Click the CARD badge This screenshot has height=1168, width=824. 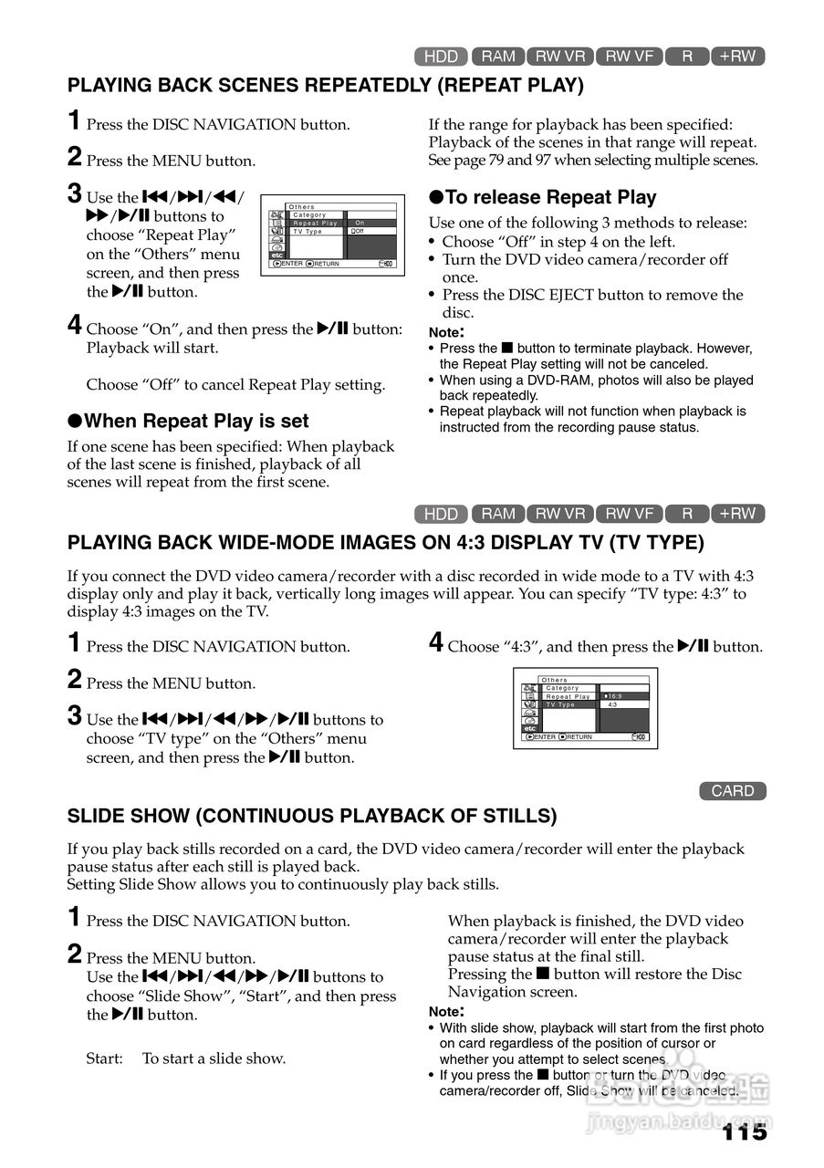733,791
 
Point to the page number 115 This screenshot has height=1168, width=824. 745,1132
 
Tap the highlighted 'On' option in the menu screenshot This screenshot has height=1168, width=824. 360,223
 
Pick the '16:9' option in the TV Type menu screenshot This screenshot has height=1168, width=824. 614,696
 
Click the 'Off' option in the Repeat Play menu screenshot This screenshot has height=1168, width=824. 360,232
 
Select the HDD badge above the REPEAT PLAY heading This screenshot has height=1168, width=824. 441,57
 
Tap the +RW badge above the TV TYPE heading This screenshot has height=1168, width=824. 737,514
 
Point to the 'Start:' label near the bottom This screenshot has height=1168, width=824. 104,1058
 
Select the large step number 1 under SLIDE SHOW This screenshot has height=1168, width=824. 75,918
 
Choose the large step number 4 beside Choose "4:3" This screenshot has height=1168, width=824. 437,643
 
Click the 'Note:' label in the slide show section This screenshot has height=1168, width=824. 446,1011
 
